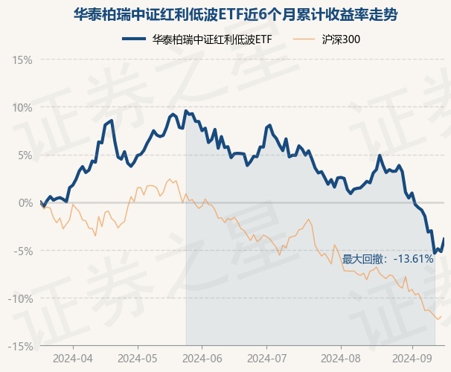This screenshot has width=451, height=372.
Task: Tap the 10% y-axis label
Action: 22,107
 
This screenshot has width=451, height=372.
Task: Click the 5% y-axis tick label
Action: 25,155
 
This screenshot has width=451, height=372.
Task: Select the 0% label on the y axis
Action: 25,202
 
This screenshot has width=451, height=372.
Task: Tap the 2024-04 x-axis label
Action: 73,358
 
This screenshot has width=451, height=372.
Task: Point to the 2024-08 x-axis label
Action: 340,358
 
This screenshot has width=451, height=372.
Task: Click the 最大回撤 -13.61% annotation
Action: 387,259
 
